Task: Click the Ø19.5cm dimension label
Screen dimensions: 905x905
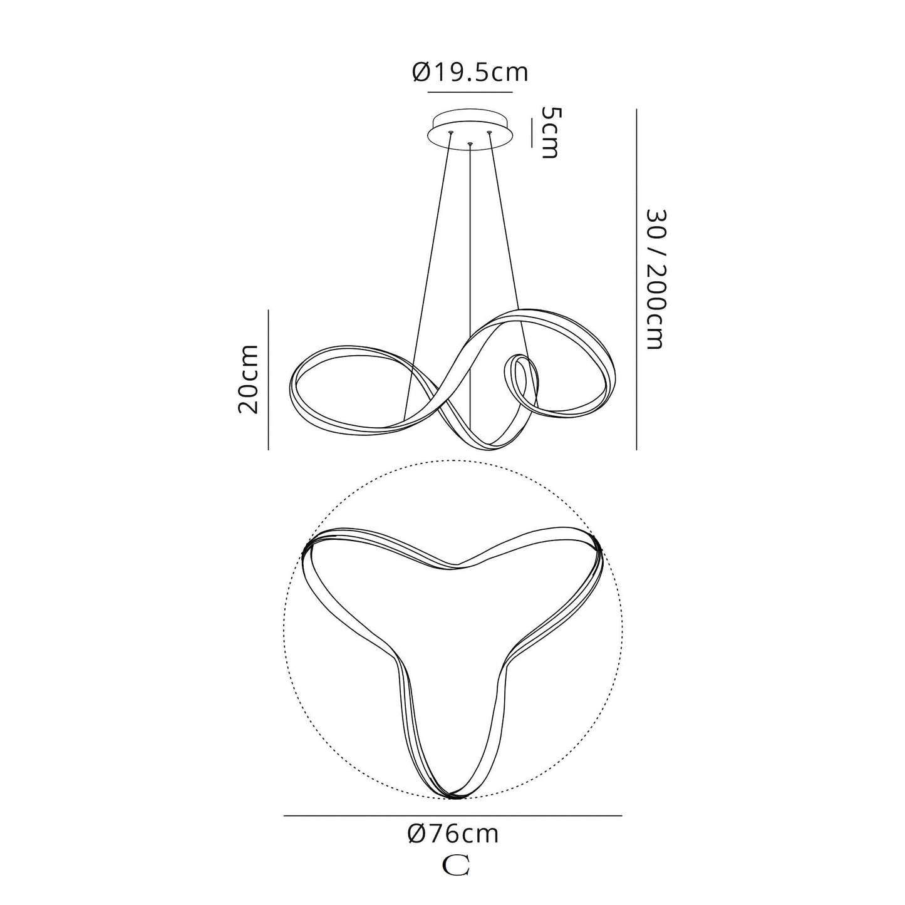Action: pyautogui.click(x=470, y=72)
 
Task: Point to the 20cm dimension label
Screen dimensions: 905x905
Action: pyautogui.click(x=248, y=379)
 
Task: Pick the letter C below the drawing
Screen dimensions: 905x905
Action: pyautogui.click(x=456, y=865)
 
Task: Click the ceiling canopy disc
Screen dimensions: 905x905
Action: pyautogui.click(x=470, y=131)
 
